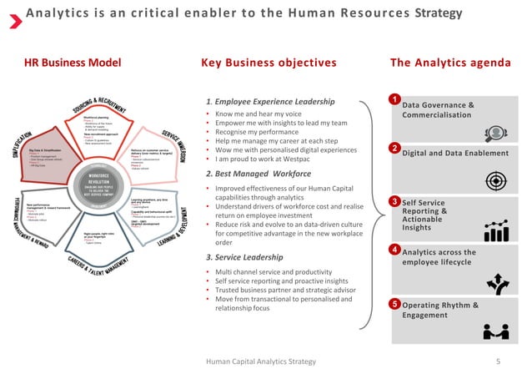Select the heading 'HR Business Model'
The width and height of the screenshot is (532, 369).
pyautogui.click(x=72, y=63)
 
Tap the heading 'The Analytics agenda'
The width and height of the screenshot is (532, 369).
pyautogui.click(x=450, y=63)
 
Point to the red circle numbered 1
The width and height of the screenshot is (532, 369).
pyautogui.click(x=394, y=100)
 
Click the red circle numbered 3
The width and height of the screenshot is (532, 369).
pyautogui.click(x=394, y=201)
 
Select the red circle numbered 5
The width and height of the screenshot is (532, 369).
pyautogui.click(x=394, y=304)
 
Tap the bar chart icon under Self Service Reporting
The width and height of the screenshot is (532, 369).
pyautogui.click(x=497, y=231)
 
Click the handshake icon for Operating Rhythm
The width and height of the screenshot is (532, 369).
pyautogui.click(x=496, y=331)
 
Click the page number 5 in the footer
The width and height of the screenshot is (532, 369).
pyautogui.click(x=498, y=361)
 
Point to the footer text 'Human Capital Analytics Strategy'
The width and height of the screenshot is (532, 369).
pyautogui.click(x=261, y=361)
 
